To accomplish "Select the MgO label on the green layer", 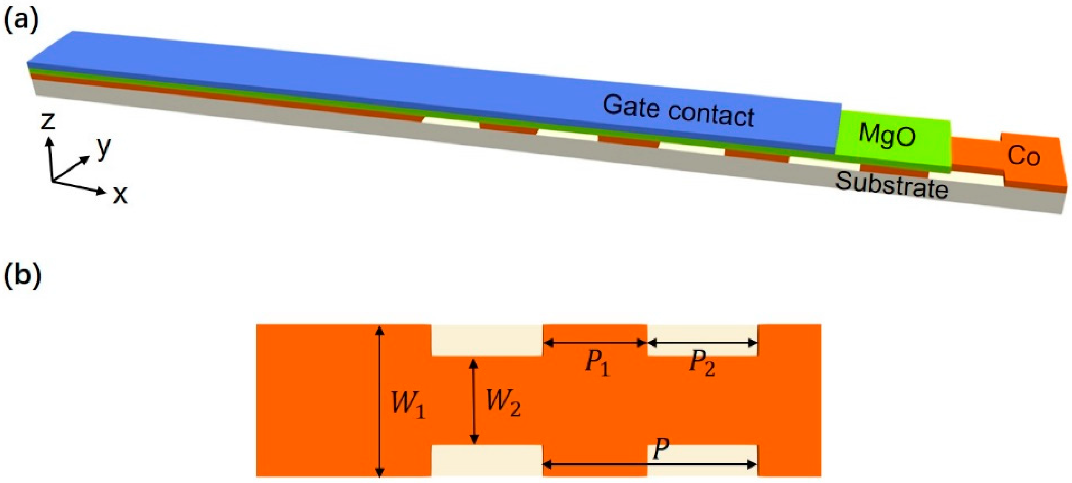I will [887, 135].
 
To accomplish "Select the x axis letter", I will [120, 194].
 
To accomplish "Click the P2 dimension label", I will [702, 363].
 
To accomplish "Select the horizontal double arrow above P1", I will [595, 343].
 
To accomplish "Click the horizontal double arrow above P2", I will [703, 343].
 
